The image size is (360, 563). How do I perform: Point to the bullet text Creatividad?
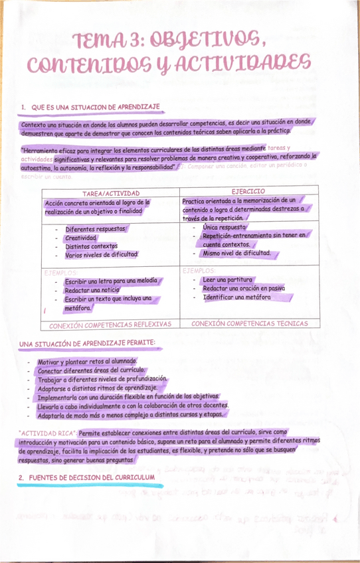click(81, 238)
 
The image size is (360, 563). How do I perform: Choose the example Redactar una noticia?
click(92, 291)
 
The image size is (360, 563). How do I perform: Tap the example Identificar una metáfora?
click(236, 298)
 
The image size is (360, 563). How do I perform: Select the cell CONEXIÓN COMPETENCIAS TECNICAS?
click(249, 323)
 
